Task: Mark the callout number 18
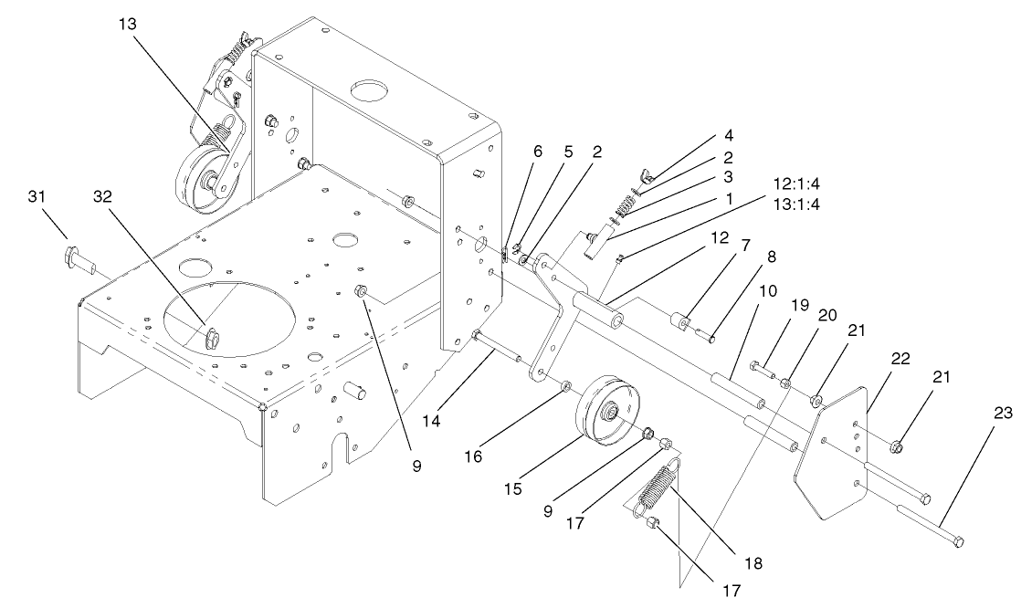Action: tap(753, 560)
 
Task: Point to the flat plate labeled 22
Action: tap(831, 452)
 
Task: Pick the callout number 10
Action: tap(767, 294)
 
